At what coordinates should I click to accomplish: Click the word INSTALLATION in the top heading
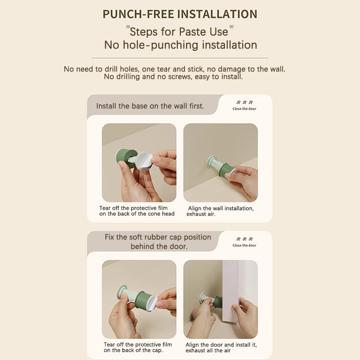[x=217, y=14]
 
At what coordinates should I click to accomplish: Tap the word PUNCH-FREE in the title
[x=139, y=14]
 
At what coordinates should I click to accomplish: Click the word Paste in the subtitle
[x=189, y=31]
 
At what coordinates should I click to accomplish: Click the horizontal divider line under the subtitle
[x=180, y=58]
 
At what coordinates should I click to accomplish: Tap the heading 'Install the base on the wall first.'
[x=150, y=106]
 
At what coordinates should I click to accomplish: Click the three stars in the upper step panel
[x=244, y=102]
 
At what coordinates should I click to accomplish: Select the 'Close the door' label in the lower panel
[x=244, y=245]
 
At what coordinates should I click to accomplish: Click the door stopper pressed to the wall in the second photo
[x=221, y=166]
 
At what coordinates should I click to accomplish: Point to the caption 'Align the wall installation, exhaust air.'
[x=220, y=211]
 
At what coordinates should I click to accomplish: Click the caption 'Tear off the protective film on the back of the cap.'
[x=138, y=347]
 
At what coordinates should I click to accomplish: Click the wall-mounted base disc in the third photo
[x=121, y=292]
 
